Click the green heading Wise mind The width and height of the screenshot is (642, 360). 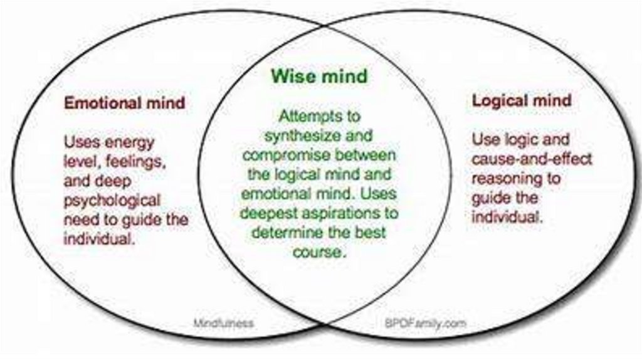click(319, 76)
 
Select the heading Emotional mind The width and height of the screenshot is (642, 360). click(125, 102)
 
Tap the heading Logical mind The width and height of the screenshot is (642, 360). click(522, 100)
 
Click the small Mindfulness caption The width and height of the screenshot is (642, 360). click(223, 324)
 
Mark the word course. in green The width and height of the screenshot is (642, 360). click(319, 253)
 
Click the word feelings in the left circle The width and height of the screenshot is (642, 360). click(136, 161)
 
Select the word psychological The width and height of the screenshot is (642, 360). click(112, 201)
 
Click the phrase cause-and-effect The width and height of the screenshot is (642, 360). click(532, 158)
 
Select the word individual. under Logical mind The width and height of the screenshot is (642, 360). click(507, 218)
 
